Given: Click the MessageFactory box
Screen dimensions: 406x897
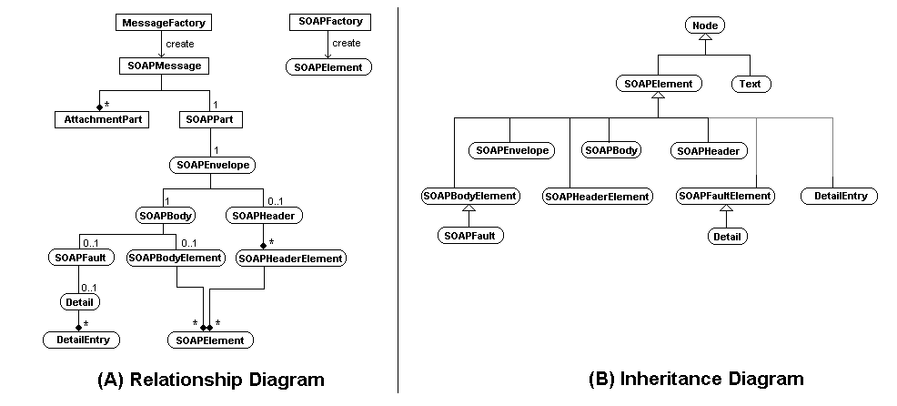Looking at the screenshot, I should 162,22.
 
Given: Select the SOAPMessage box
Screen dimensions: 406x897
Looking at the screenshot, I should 161,66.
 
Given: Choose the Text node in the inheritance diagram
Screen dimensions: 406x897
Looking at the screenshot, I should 751,84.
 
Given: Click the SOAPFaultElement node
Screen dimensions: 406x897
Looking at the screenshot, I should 725,196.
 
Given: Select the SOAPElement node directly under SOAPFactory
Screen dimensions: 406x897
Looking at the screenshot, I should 328,66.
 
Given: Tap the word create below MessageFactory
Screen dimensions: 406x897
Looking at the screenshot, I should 179,44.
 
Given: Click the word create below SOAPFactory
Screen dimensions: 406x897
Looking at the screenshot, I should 346,44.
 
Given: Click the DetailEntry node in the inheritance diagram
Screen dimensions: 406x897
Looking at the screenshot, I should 839,196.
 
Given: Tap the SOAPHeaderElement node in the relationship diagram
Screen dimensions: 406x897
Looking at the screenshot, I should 290,259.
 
